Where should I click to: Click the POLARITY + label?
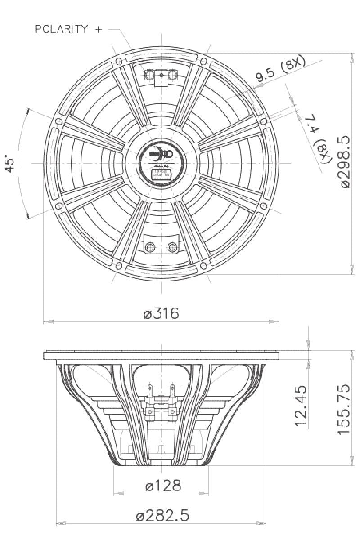point(68,29)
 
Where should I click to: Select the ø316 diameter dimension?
point(161,313)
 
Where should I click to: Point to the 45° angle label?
point(12,163)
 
